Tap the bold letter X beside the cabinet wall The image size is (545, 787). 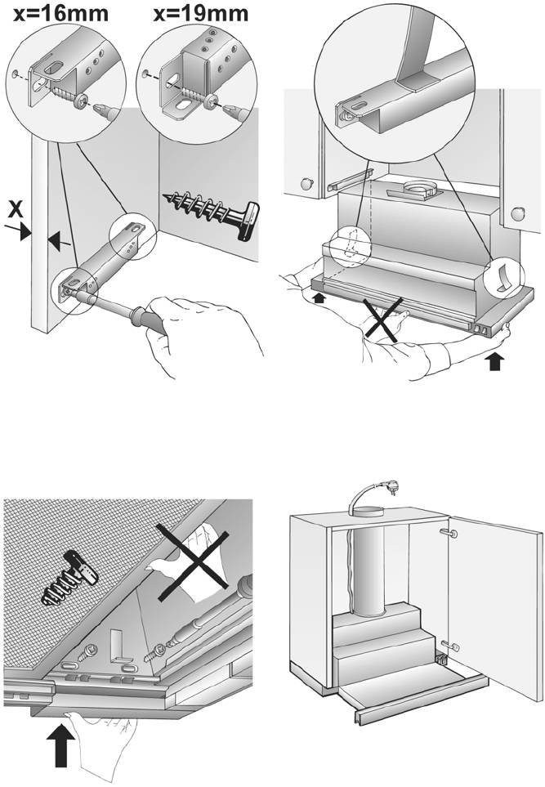click(x=15, y=209)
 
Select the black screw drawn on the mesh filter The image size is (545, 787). click(x=72, y=584)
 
